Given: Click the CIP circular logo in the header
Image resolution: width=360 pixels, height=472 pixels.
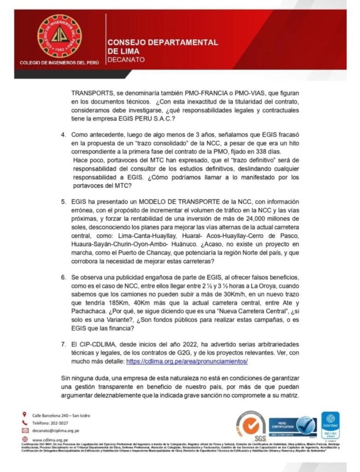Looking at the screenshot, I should point(59,35).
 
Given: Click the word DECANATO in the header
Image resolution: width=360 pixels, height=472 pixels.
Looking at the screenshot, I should point(126,59).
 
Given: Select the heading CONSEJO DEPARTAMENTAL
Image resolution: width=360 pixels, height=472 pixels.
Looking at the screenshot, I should point(163,42).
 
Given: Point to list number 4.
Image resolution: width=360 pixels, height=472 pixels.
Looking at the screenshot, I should point(64,134).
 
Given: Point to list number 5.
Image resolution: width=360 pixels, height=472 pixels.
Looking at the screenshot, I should point(64,201).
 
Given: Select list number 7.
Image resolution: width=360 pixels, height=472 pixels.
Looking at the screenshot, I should point(64,344).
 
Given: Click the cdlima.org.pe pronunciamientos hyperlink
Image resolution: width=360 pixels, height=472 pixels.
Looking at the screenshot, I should point(187,361).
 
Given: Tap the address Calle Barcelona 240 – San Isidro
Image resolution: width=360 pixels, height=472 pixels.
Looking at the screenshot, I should point(61,415).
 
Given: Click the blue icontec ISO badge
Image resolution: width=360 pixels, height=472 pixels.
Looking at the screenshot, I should point(330,427).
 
